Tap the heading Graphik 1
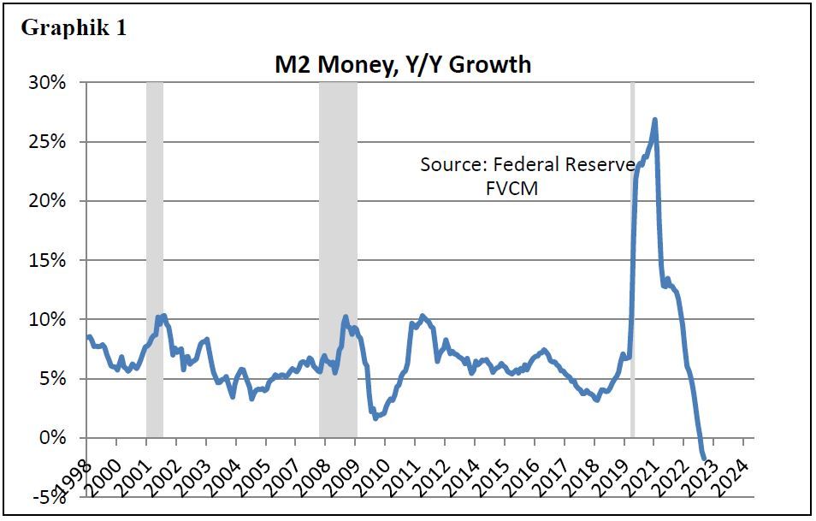(x=74, y=27)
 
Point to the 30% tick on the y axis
(x=48, y=83)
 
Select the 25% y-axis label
(x=48, y=142)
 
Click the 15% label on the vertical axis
(x=48, y=260)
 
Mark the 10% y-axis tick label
(x=48, y=319)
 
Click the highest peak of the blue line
(x=654, y=120)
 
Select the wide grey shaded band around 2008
(x=338, y=257)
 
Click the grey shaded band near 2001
(x=154, y=257)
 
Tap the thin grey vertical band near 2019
(x=632, y=257)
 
